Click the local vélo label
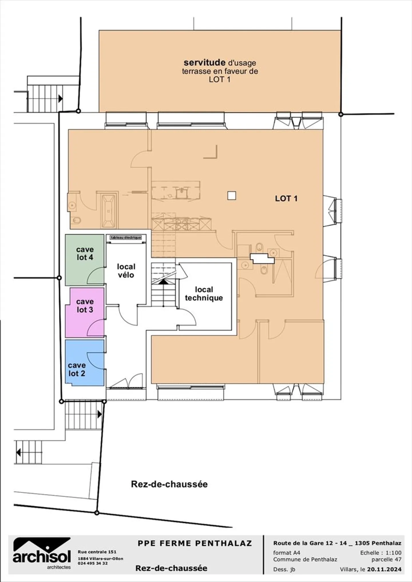coord(126,271)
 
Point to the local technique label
coord(204,294)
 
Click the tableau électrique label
coord(126,238)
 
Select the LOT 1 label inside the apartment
coord(286,198)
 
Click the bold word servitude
coord(204,62)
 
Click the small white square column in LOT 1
coord(231,196)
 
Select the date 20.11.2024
coord(384,569)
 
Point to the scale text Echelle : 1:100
coord(381,553)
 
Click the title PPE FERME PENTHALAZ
coord(195,543)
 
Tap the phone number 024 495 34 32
coord(93,563)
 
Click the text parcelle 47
coord(386,559)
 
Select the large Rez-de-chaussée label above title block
coord(169,484)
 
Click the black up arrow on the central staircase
coord(163,282)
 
